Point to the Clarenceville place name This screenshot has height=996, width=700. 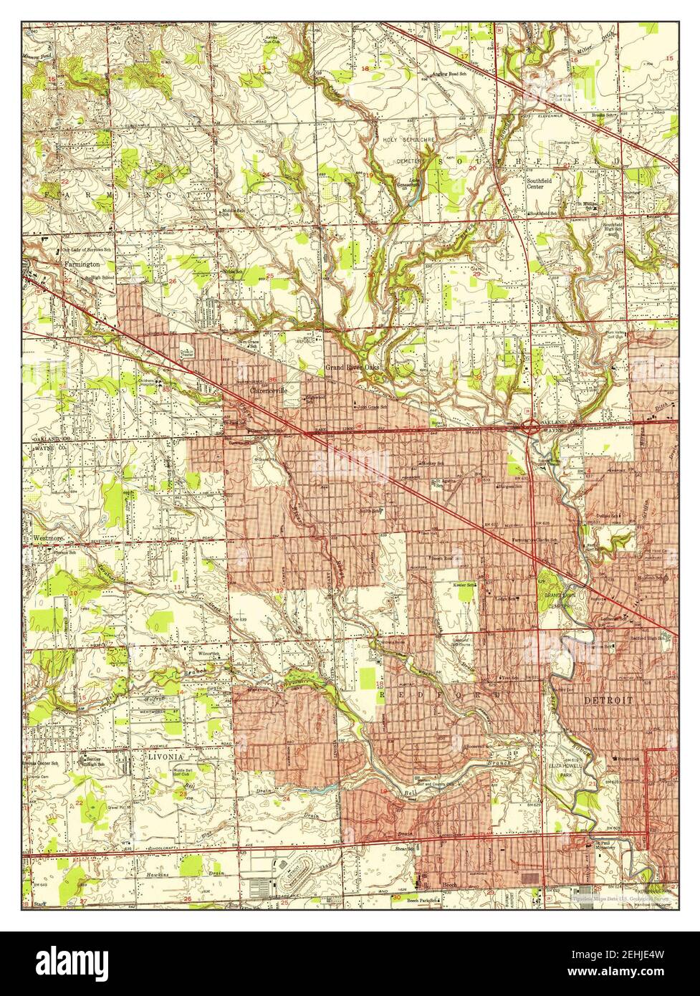tap(269, 392)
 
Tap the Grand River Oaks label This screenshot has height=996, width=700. tap(351, 368)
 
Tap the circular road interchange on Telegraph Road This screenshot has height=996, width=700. tap(531, 429)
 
